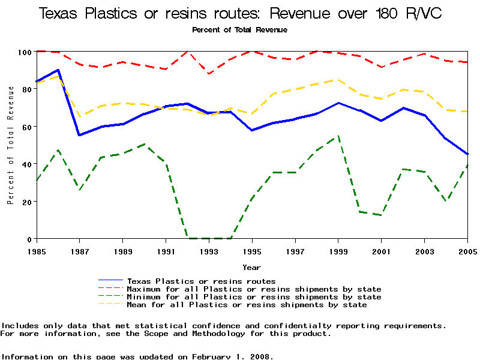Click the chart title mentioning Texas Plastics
tap(240, 13)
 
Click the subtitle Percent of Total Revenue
tap(239, 29)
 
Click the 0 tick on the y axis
tap(28, 239)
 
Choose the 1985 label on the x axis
tap(37, 251)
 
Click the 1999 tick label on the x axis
tap(338, 251)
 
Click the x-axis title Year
tap(251, 267)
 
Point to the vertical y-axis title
tap(10, 145)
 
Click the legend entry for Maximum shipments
tap(254, 289)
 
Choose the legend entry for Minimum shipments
tap(254, 296)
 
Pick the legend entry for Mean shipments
tap(247, 304)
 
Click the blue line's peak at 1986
tap(58, 70)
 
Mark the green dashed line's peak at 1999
tap(338, 136)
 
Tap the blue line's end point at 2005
tap(467, 154)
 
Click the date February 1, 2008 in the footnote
tap(233, 356)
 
